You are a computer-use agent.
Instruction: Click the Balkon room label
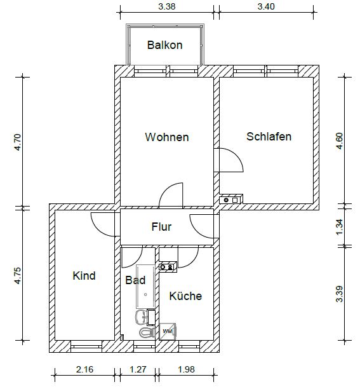point(165,45)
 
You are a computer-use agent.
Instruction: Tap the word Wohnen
point(167,137)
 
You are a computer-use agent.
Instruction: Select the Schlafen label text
point(269,137)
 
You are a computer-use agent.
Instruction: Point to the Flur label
point(161,227)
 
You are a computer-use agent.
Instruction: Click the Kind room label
point(84,276)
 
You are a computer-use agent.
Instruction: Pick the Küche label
point(185,296)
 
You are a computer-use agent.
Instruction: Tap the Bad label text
point(135,280)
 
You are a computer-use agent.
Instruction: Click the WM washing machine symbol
point(168,331)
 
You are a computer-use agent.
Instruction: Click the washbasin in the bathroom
point(141,317)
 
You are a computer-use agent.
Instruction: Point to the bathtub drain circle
point(145,294)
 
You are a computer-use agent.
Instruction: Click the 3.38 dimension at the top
point(167,6)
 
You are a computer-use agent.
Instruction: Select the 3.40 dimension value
point(266,6)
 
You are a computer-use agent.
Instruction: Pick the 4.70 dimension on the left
point(18,142)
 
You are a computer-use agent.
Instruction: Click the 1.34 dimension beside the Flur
point(340,227)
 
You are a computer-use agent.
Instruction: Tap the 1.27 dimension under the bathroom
point(138,369)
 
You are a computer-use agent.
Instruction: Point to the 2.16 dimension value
point(84,369)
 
